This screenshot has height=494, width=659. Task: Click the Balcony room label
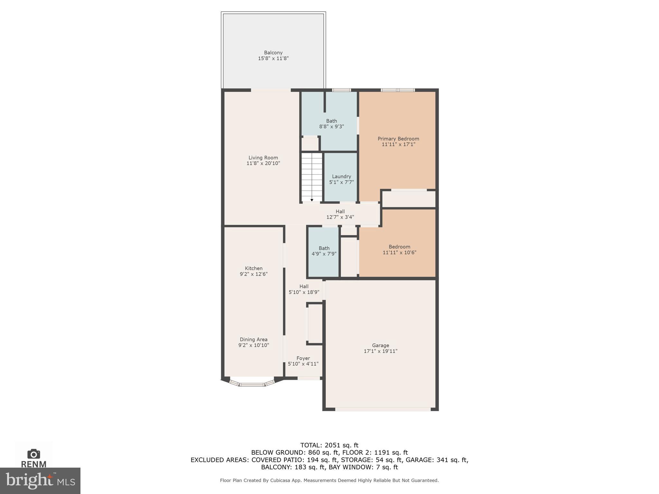point(273,52)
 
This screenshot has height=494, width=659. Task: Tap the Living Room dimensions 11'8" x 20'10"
point(263,163)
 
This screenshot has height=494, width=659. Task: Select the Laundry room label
point(341,176)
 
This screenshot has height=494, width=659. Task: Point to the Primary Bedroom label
point(398,139)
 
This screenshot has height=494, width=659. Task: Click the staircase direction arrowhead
point(312,200)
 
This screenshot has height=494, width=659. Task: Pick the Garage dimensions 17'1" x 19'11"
point(380,351)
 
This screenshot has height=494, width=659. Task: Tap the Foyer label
point(303,358)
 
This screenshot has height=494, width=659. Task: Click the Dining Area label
point(254,339)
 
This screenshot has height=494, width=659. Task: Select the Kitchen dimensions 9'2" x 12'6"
point(254,274)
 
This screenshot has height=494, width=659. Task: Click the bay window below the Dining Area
point(252,383)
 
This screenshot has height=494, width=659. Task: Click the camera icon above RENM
point(34,454)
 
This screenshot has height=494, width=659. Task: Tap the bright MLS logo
point(40,480)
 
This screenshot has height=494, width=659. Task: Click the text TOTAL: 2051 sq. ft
point(329,445)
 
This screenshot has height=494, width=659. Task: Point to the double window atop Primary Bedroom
point(398,90)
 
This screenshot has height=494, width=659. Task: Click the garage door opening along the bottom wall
point(383,409)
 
